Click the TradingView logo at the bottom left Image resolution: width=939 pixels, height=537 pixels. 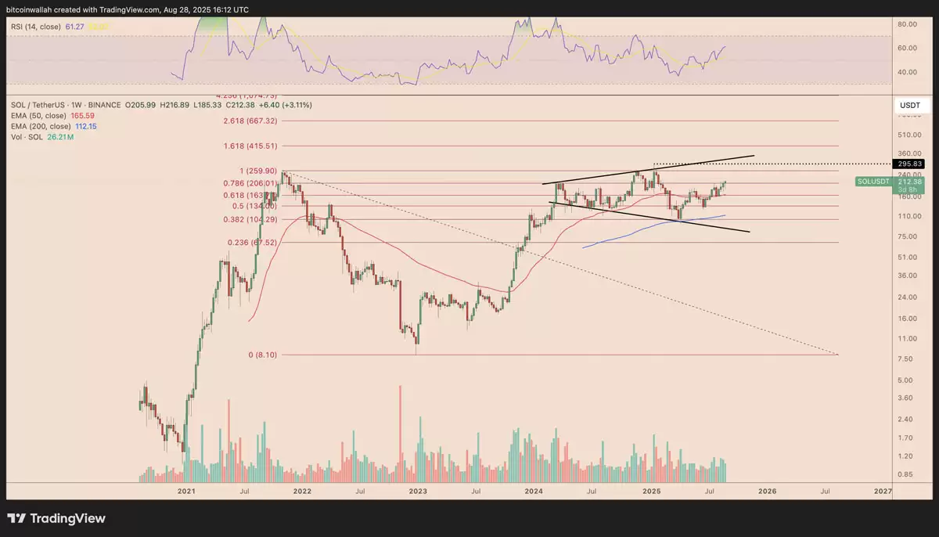56,518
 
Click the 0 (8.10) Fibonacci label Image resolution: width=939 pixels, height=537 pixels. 262,355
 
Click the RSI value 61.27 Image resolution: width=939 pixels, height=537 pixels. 74,26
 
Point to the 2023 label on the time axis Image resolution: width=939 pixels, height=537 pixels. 418,492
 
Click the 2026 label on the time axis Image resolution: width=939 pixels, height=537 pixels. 767,492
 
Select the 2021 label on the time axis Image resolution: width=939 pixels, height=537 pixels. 186,492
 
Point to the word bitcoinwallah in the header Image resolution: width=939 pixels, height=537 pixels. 32,9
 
